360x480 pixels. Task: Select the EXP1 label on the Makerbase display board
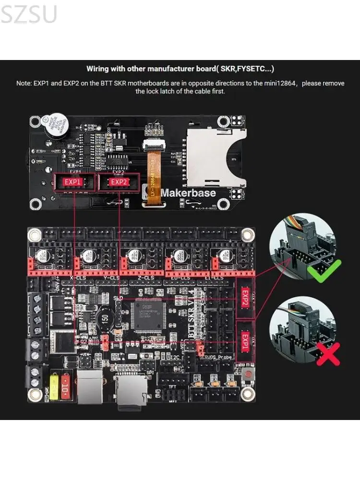pyautogui.click(x=73, y=182)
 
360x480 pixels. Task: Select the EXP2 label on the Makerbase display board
pyautogui.click(x=119, y=182)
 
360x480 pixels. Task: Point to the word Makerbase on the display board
pyautogui.click(x=188, y=193)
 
